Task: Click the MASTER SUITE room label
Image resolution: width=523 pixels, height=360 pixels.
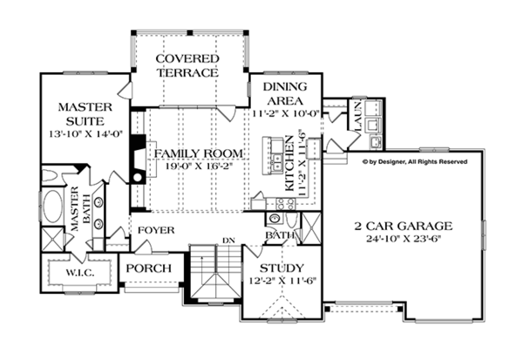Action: [x=85, y=114]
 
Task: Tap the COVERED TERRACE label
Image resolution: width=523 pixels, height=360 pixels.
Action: [x=187, y=65]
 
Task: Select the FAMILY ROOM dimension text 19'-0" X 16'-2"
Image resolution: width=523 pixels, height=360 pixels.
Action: [x=198, y=166]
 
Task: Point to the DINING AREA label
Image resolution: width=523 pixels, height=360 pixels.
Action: [x=285, y=93]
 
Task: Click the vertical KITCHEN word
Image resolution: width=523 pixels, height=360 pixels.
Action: [x=289, y=163]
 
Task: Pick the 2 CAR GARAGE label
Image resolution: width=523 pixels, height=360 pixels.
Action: [x=404, y=227]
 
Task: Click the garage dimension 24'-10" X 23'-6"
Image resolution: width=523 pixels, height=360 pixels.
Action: [x=404, y=239]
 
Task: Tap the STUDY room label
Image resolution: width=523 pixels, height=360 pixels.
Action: [x=282, y=268]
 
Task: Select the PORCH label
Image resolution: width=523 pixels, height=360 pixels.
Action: [x=149, y=268]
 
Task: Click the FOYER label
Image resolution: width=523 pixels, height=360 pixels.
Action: [x=156, y=230]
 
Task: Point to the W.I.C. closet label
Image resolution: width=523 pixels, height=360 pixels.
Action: [x=80, y=273]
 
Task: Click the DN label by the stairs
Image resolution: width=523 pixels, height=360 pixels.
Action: [x=228, y=241]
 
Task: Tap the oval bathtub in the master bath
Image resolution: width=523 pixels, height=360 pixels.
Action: [x=52, y=207]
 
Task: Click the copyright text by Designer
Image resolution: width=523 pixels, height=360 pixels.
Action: [x=415, y=162]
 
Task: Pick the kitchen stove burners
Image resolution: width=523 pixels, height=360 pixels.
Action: [x=286, y=203]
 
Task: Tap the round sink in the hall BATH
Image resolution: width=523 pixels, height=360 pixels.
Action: [x=275, y=219]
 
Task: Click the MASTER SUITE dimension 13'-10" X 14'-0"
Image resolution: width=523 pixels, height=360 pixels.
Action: [x=86, y=134]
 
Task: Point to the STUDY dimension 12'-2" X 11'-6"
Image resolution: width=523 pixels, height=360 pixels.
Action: [x=282, y=281]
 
